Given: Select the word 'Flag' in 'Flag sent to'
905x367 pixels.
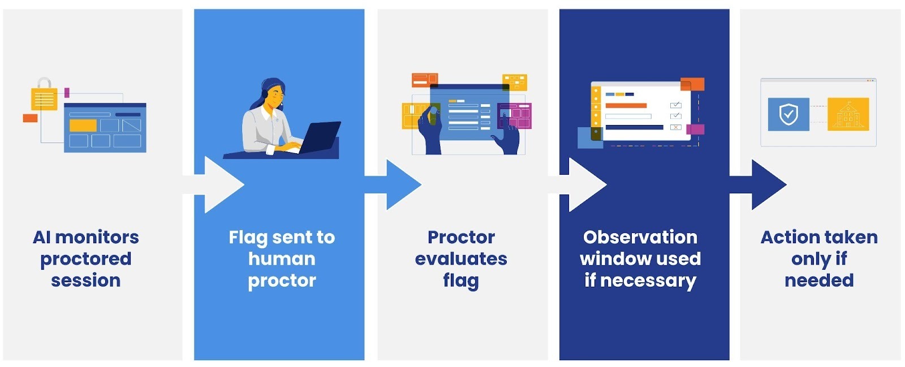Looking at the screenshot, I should (x=248, y=238).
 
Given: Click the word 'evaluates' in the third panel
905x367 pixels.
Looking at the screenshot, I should (x=461, y=258).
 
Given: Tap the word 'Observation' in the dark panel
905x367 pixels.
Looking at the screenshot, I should (x=640, y=237).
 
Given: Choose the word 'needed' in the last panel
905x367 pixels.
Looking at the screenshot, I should (x=819, y=280).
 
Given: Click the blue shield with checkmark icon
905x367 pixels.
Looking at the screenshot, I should (x=788, y=114).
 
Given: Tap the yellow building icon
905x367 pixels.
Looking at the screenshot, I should (x=848, y=114).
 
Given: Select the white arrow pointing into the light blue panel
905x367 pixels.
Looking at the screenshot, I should (x=218, y=184).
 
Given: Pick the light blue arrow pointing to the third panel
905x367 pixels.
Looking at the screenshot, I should (x=398, y=184).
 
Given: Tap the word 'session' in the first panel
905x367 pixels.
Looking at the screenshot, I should (x=86, y=280).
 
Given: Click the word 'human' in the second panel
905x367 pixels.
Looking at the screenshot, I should (x=282, y=258).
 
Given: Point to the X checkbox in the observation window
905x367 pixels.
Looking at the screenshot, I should (x=675, y=127).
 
